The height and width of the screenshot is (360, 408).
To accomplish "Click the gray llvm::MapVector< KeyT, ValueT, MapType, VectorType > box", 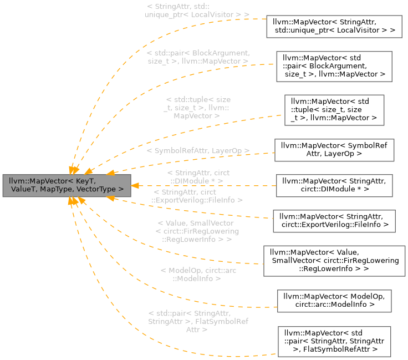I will tap(67, 185).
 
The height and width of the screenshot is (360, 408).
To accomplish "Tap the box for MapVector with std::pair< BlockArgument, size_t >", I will tap(334, 67).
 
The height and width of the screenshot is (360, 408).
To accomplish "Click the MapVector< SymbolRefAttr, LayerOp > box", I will tap(334, 150).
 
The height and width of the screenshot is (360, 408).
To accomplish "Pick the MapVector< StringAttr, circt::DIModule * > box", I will tap(334, 185).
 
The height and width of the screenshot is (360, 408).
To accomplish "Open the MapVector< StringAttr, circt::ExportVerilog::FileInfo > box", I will tap(334, 221).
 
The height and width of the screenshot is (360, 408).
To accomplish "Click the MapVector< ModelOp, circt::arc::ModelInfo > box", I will tap(334, 300).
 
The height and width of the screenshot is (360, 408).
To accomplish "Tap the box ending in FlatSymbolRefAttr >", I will tap(334, 341).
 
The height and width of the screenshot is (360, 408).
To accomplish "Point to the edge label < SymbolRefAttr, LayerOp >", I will tap(198, 151).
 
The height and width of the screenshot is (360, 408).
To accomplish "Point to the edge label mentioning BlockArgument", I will tap(198, 57).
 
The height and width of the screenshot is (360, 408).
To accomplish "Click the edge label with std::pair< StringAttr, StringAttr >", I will tap(198, 321).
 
